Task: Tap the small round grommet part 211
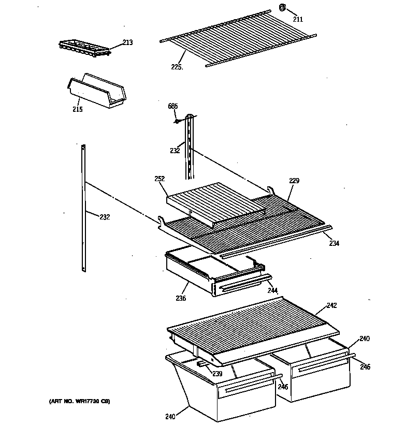point(283,8)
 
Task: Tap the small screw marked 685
point(177,122)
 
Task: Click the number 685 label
point(172,106)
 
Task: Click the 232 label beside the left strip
point(105,217)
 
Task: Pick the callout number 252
point(159,179)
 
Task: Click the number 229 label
point(294,181)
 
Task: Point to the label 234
point(334,243)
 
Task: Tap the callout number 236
point(180,298)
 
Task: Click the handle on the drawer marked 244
point(243,286)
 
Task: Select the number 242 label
point(331,305)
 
